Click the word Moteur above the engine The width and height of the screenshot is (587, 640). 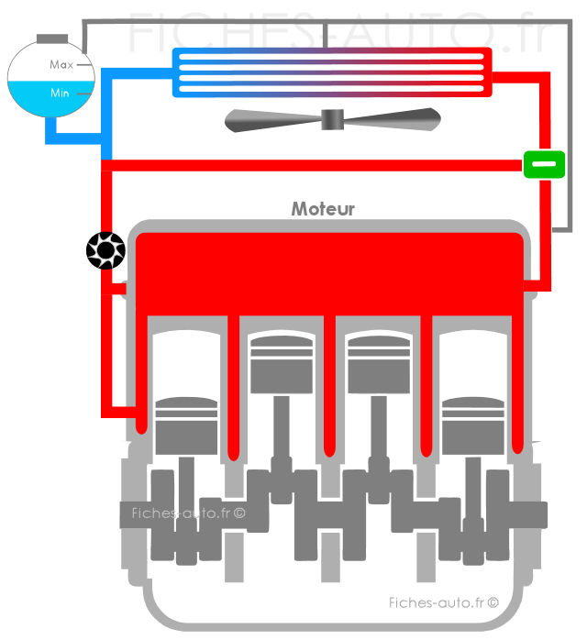[x=323, y=209]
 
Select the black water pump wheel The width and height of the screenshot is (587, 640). [x=105, y=248]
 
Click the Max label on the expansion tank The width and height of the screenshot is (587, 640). [x=61, y=65]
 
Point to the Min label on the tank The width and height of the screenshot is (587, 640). [x=60, y=93]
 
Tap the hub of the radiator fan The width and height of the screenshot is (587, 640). [x=332, y=119]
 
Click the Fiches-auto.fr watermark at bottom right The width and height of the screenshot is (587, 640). [x=443, y=602]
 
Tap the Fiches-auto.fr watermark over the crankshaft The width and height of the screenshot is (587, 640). [x=187, y=513]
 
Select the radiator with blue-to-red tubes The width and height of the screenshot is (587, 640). [x=330, y=72]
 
